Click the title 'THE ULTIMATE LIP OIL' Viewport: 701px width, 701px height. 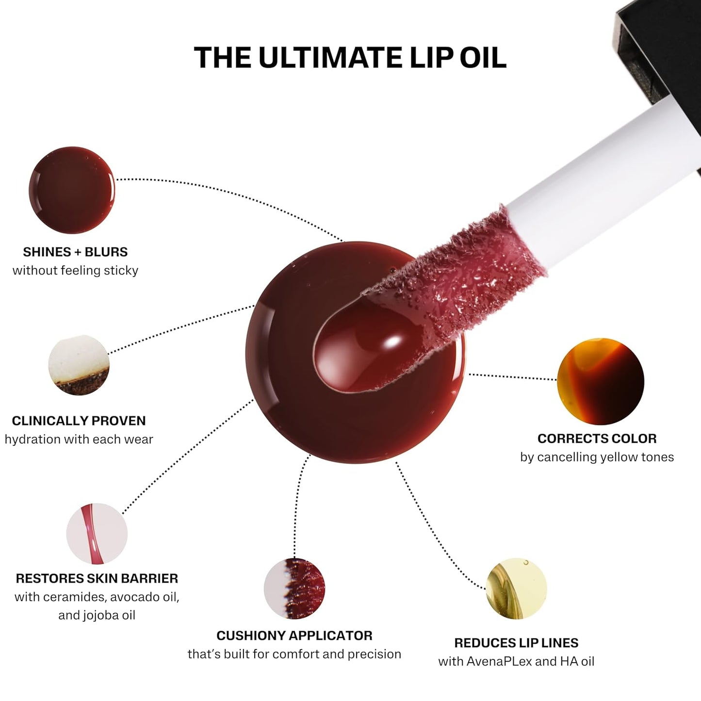tap(350, 58)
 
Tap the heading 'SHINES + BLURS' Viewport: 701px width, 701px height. tap(75, 252)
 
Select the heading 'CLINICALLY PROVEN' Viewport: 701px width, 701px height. tap(79, 421)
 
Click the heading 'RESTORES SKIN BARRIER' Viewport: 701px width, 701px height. tap(97, 578)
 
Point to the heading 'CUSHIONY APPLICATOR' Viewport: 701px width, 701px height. tap(294, 636)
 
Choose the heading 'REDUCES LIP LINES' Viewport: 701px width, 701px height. tap(516, 643)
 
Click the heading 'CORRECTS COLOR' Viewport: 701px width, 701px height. tap(597, 439)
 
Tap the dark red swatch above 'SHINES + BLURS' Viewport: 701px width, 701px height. tap(72, 190)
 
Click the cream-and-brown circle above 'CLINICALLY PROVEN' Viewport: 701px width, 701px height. tap(79, 365)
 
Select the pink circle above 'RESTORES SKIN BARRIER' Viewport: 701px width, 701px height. tap(97, 534)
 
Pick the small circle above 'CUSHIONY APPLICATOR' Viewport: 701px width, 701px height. tap(294, 588)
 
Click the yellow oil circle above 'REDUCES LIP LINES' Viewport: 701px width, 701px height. tap(516, 588)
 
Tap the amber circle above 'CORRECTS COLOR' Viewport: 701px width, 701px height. tap(601, 381)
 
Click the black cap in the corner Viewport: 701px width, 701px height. tap(665, 49)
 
